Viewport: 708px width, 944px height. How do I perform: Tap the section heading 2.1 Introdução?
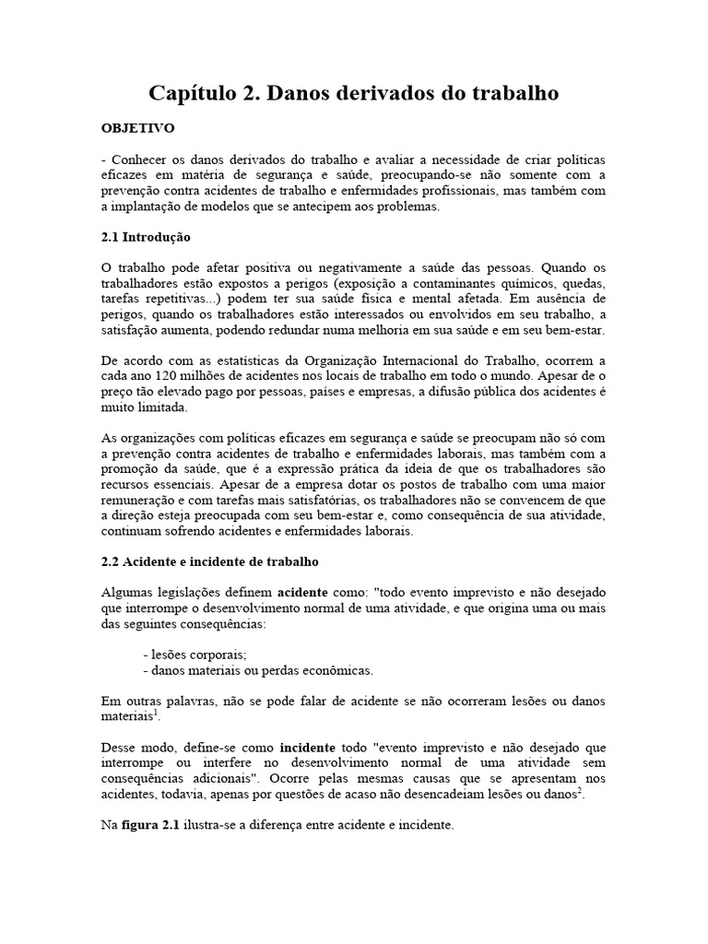(x=145, y=237)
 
